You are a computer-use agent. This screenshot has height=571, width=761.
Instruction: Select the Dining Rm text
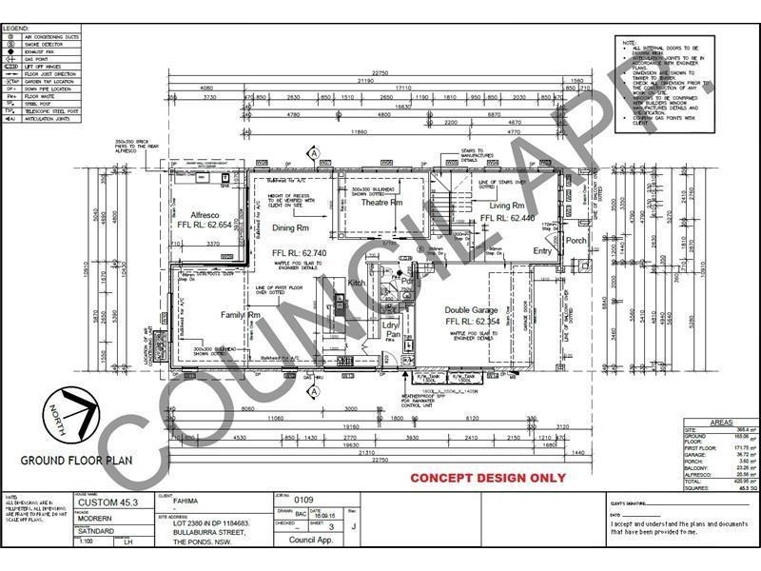[290, 228]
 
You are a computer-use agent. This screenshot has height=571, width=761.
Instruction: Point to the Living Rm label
[507, 206]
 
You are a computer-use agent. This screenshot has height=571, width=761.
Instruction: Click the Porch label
[576, 241]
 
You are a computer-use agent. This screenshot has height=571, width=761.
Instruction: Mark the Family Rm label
[241, 314]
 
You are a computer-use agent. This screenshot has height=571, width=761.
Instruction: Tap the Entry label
[542, 251]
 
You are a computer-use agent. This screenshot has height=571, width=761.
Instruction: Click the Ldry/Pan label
[391, 329]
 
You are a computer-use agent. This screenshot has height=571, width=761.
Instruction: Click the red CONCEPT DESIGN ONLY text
[487, 478]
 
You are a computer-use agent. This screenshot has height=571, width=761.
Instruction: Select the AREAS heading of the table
[719, 423]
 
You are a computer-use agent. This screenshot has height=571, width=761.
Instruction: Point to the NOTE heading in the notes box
[629, 43]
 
